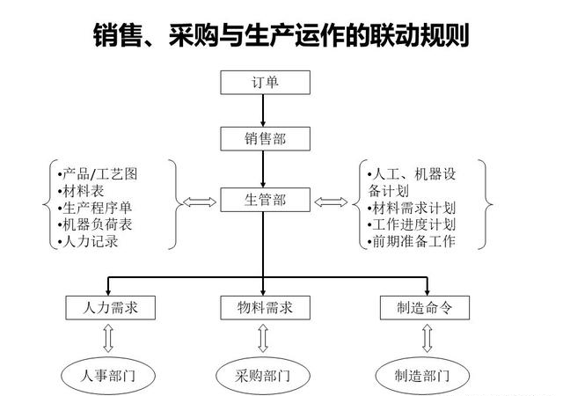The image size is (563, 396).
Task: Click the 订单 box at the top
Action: pyautogui.click(x=264, y=83)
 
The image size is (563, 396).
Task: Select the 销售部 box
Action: pyautogui.click(x=264, y=138)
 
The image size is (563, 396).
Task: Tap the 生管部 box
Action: pyautogui.click(x=264, y=200)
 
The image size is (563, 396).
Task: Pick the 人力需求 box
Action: pyautogui.click(x=110, y=308)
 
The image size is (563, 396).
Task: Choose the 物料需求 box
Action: pyautogui.click(x=264, y=308)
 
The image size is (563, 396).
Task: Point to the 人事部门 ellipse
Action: pyautogui.click(x=110, y=376)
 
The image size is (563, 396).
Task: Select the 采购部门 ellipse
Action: pyautogui.click(x=263, y=376)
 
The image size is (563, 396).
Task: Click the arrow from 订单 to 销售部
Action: pyautogui.click(x=264, y=111)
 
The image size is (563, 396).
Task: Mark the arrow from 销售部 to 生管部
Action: pyautogui.click(x=264, y=169)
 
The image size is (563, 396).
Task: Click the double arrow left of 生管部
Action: pyautogui.click(x=199, y=202)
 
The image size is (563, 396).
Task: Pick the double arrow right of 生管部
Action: pyautogui.click(x=332, y=202)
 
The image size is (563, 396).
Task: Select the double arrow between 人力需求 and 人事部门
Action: pyautogui.click(x=109, y=339)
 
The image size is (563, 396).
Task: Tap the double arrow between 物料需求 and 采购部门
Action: pyautogui.click(x=263, y=339)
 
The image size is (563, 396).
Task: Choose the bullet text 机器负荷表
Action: pyautogui.click(x=96, y=224)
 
